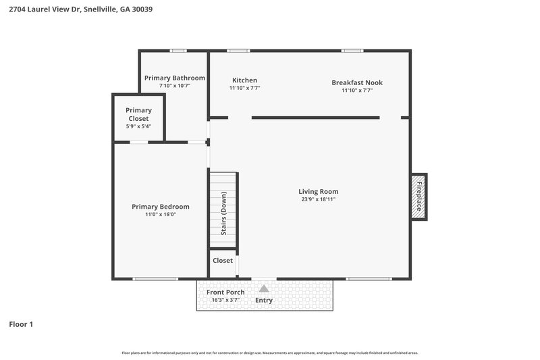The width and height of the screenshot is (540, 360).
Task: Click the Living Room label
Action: coord(319,191)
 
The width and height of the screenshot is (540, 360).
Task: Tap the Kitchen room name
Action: coord(244,80)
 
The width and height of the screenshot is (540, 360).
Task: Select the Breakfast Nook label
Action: coord(357,82)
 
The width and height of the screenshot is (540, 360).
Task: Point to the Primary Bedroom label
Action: coord(161,207)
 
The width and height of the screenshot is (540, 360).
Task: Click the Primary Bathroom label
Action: coord(175,78)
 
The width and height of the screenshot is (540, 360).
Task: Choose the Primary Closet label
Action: coord(138,114)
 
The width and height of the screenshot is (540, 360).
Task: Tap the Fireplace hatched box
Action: coord(419,196)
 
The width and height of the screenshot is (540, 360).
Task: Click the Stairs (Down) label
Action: coord(223,213)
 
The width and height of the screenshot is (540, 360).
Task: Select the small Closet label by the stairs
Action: coord(223,260)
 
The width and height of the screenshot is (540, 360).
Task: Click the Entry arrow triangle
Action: coord(264,288)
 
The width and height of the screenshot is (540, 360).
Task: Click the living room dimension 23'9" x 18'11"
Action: coord(319,199)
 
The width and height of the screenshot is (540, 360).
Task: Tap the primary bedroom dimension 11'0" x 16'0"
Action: coord(161,215)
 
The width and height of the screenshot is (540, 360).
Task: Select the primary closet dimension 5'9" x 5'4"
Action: coord(138,126)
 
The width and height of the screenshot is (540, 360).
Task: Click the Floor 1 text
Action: coord(21,324)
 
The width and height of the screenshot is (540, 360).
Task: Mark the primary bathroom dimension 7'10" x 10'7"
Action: coord(175,86)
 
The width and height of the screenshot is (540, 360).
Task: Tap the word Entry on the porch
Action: coord(264,300)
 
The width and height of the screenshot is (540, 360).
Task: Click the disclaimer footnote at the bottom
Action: coord(269,353)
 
